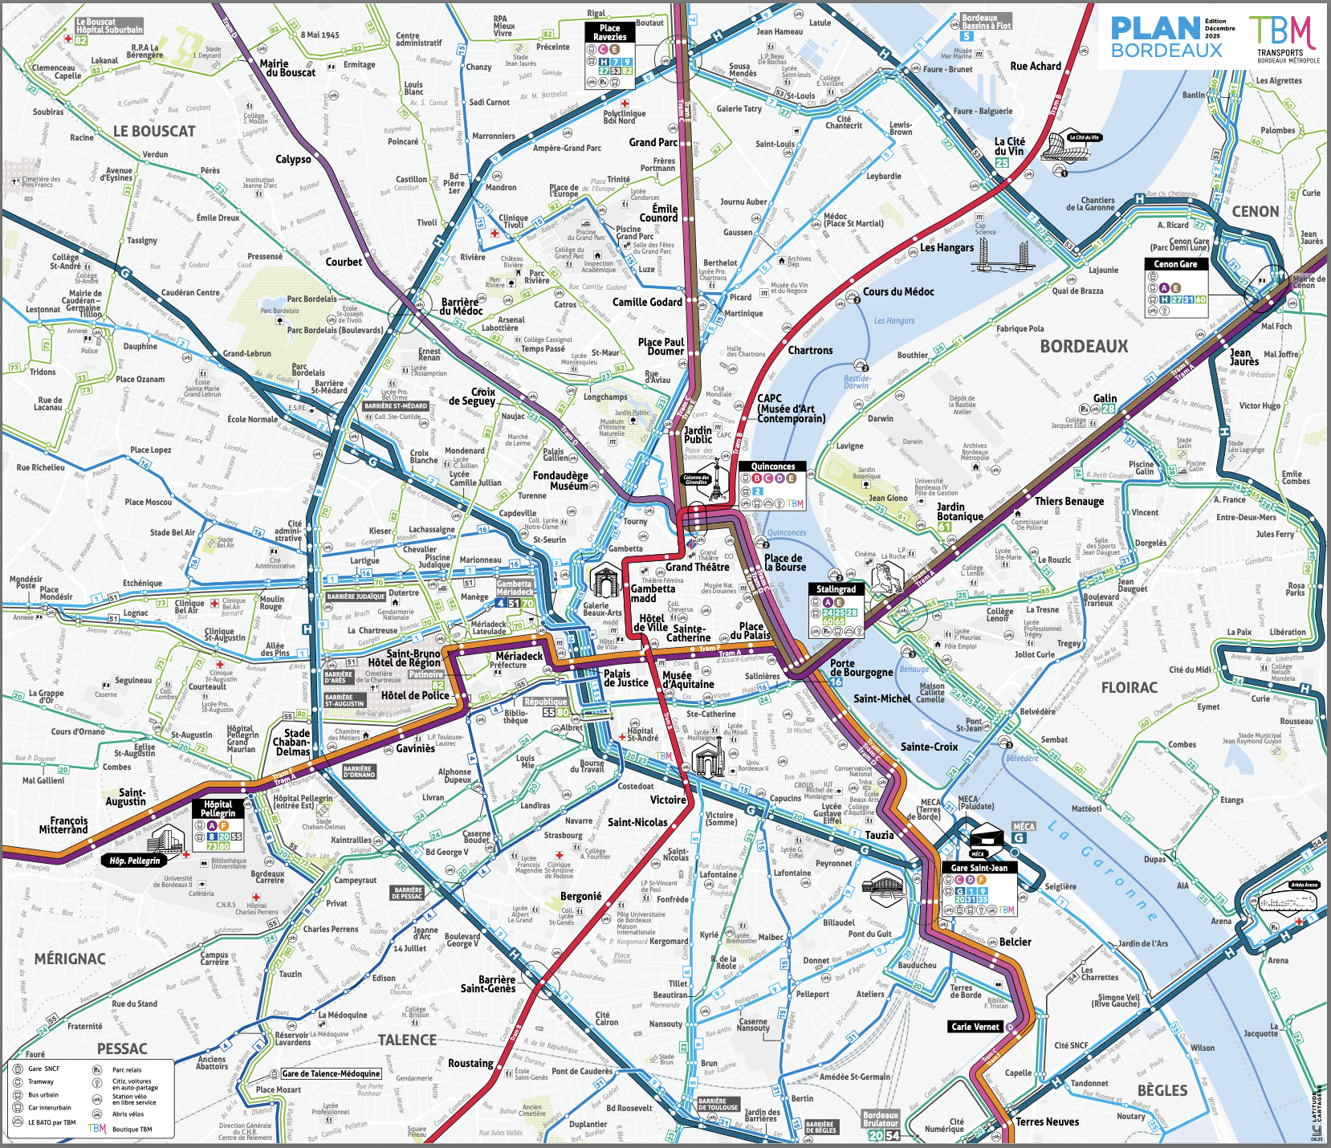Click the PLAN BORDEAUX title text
(1166, 38)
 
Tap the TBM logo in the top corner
(1283, 34)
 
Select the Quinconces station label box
(772, 466)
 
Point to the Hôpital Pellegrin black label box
(218, 808)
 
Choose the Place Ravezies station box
(610, 33)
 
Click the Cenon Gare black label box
(1175, 264)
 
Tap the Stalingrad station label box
(836, 589)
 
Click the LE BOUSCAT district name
(154, 132)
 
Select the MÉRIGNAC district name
(70, 959)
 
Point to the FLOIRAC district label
(1130, 688)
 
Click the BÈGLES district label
(1162, 1090)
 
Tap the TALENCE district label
(407, 1040)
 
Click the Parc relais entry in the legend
(126, 1069)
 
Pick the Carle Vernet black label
(975, 1027)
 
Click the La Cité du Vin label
(1010, 146)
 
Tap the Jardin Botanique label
(959, 511)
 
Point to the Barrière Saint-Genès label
(488, 984)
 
